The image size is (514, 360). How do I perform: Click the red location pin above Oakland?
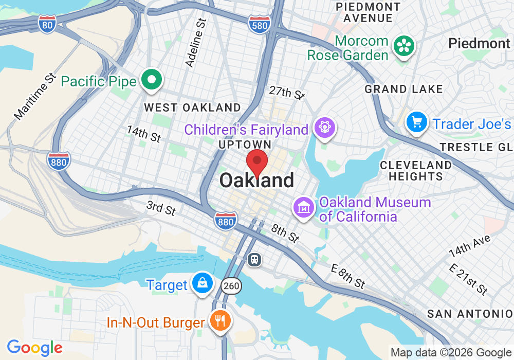coord(257,163)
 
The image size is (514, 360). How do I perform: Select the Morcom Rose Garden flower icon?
coord(405,47)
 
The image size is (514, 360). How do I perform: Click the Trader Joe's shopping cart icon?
coord(416,122)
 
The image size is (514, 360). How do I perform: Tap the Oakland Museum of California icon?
coord(304,208)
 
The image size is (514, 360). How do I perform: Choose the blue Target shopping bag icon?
coord(203,283)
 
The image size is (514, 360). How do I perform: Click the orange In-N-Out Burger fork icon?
coord(221,321)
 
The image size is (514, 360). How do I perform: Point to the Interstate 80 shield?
coord(47,24)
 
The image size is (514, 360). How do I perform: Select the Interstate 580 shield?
coord(259,24)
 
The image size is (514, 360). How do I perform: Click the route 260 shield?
coord(232,286)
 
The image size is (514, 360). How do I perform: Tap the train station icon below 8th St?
coord(254,260)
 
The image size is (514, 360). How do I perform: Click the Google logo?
coord(34,348)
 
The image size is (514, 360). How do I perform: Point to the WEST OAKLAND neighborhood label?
coord(192,107)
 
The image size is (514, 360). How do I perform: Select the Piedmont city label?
coord(479,43)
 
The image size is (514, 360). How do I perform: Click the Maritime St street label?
coord(35,96)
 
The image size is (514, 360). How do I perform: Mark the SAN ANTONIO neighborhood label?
coord(470,314)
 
